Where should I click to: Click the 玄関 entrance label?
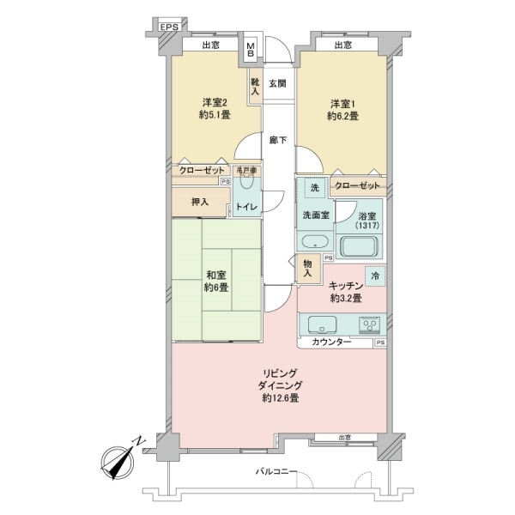coord(277,83)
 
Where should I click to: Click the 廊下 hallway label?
coord(277,140)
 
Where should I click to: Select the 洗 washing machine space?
coord(314,188)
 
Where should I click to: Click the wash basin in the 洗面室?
coord(313,241)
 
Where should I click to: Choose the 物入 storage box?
coord(307,270)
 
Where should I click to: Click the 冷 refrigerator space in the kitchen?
coord(375,276)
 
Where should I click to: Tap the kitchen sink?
coord(324,325)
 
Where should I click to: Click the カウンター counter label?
coord(330,342)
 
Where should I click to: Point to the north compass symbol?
coord(118,463)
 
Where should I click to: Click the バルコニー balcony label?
coord(276,472)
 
